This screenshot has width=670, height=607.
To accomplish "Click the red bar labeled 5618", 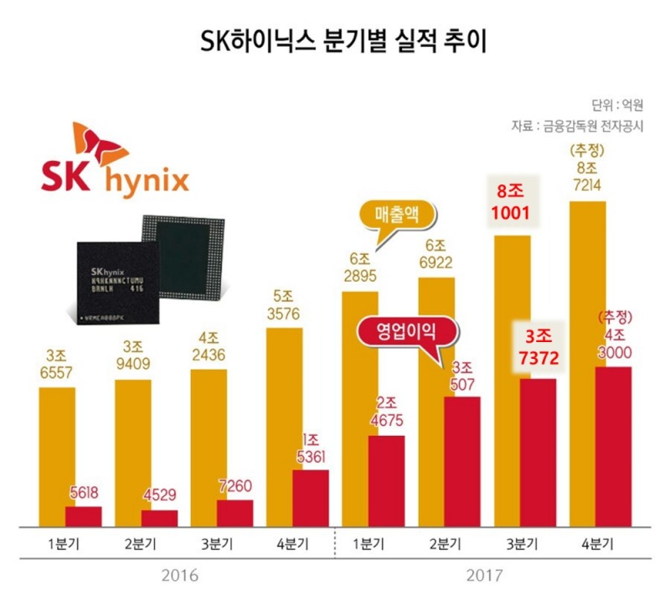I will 83,516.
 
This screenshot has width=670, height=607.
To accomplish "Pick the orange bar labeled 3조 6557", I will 57,457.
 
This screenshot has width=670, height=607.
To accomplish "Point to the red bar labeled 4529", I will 159,518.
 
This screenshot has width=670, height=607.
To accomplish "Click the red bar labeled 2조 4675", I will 386,481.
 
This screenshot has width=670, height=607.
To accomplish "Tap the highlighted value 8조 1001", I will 510,204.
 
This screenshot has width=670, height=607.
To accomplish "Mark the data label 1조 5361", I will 311,448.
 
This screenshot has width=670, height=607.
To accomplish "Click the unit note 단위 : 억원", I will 616,106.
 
